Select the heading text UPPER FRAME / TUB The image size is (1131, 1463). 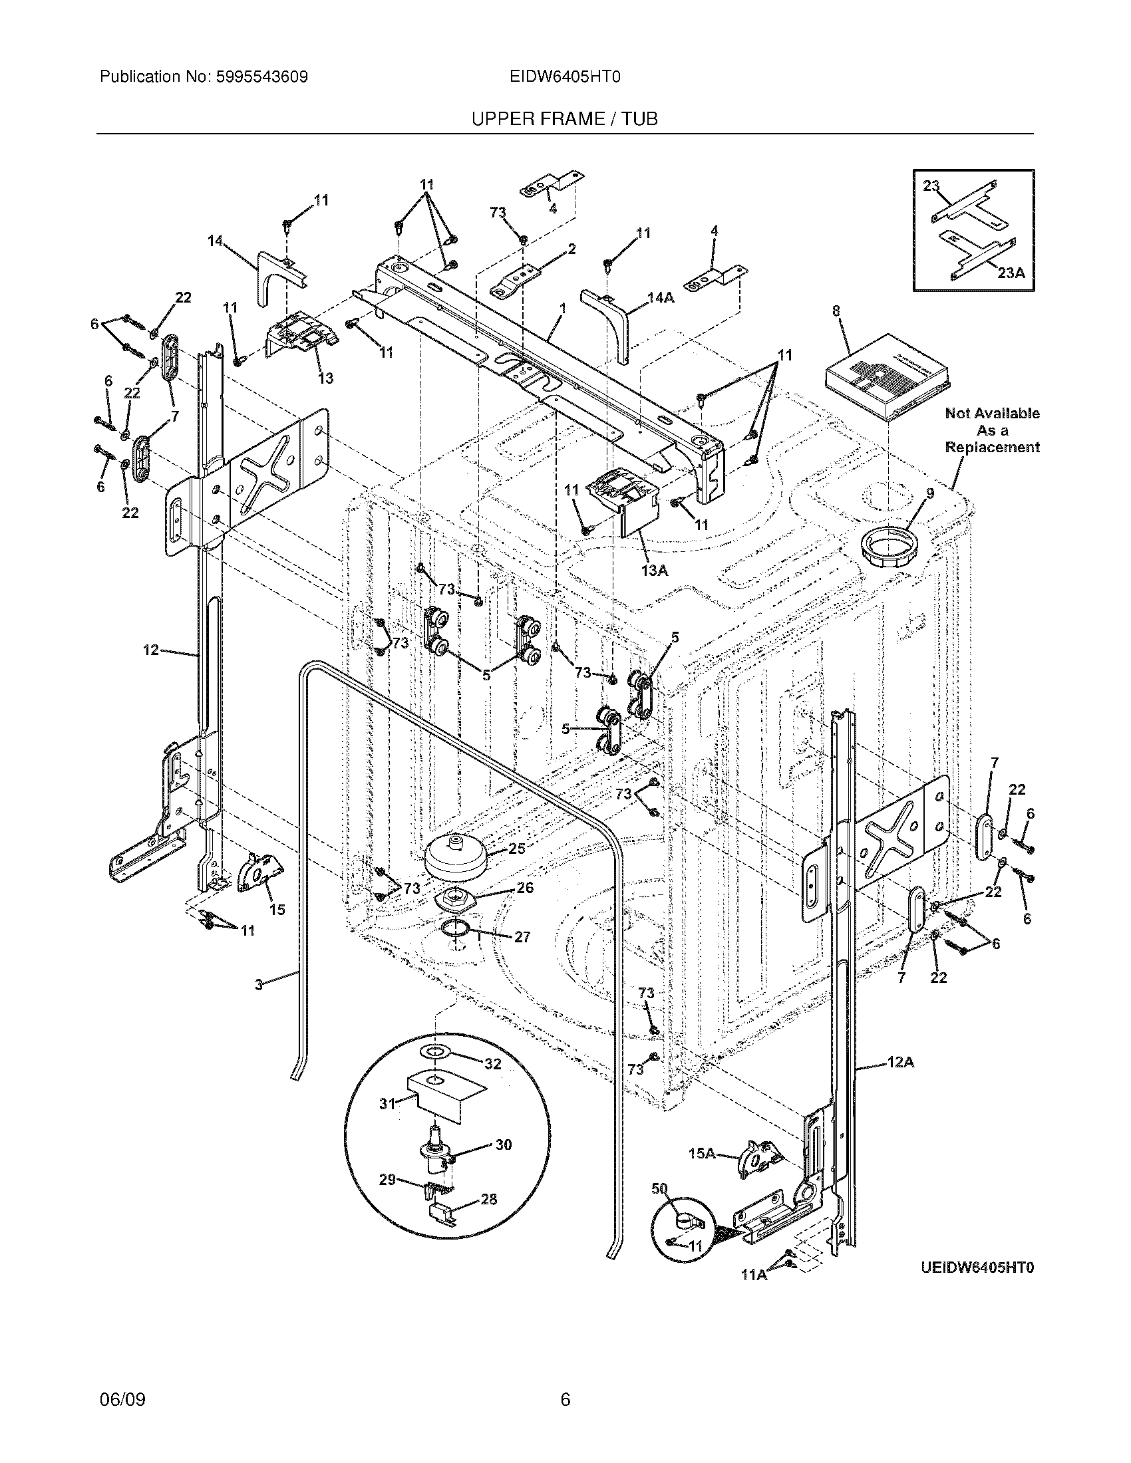click(x=564, y=119)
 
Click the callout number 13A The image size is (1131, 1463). click(x=654, y=570)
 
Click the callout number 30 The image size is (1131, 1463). click(x=503, y=1144)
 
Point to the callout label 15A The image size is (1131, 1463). click(x=703, y=1153)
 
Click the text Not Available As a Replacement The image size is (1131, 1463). click(x=992, y=430)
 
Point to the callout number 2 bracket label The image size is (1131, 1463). click(x=571, y=249)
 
